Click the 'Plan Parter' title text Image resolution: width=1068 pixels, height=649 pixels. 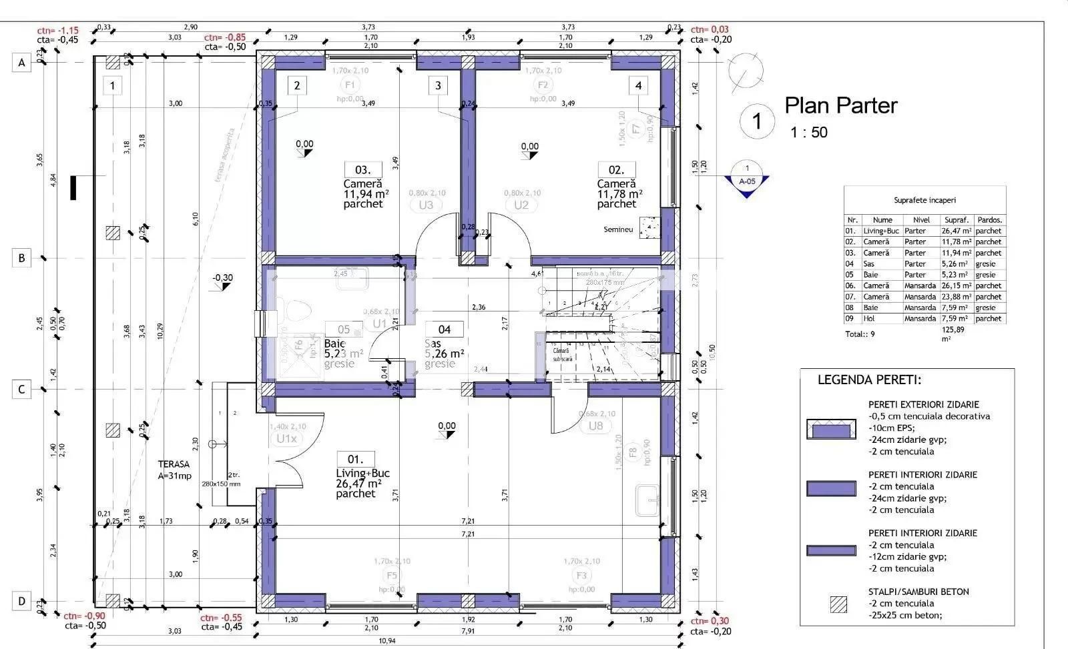(840, 105)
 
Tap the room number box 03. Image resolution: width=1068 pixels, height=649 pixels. (362, 170)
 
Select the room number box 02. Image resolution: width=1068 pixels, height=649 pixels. (616, 170)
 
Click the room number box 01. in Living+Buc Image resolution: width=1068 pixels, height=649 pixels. (355, 459)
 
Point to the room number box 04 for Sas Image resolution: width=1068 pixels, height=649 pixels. (445, 329)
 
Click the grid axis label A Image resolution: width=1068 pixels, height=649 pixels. (21, 63)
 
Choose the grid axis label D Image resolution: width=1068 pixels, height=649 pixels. (21, 602)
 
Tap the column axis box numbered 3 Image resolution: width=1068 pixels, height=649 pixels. (438, 85)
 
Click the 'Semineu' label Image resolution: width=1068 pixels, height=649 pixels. (618, 229)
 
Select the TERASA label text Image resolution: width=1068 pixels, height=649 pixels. (174, 464)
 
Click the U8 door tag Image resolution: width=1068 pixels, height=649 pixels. (595, 426)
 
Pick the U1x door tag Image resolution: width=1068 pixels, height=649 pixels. (286, 438)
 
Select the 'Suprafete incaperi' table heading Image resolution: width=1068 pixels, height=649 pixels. (924, 200)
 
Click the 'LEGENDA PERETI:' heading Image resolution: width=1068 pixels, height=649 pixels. (869, 380)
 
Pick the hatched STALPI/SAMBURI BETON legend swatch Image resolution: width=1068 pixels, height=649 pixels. (838, 604)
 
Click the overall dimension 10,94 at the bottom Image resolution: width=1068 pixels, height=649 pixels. (386, 641)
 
